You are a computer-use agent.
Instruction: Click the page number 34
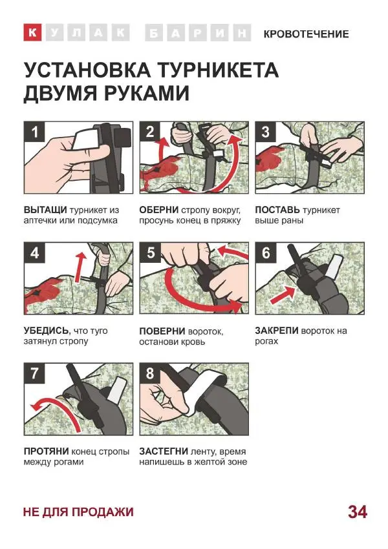point(357,512)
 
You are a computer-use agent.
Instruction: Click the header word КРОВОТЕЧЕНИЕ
point(306,34)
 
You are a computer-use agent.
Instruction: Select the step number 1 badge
point(34,132)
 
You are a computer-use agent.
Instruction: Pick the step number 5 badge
point(150,253)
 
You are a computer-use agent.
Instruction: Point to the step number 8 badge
point(150,373)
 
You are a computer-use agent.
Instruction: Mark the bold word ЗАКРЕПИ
point(277,331)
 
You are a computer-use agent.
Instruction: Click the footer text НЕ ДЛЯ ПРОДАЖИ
point(78,512)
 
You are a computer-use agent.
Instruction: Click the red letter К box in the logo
point(33,34)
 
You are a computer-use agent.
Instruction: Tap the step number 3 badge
point(266,132)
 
